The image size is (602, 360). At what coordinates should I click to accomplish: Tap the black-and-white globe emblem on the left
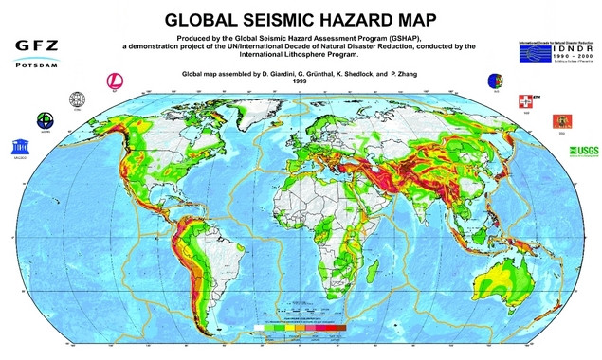point(78,99)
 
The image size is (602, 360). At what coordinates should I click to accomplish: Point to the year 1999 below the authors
point(301,81)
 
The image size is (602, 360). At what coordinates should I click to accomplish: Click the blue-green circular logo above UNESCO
point(45,120)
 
